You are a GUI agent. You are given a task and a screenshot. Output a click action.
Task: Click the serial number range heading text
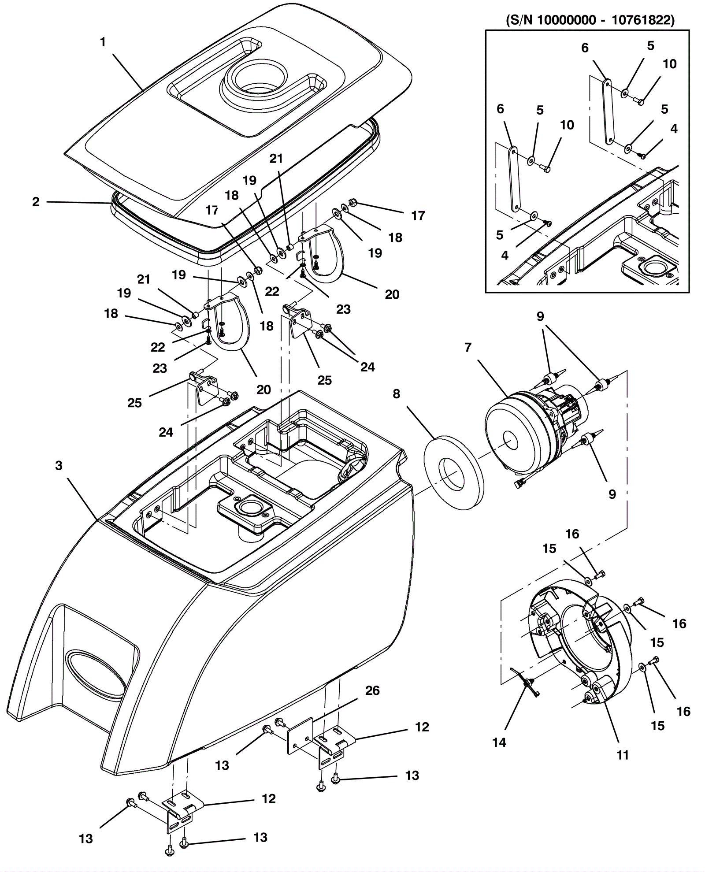[x=590, y=20]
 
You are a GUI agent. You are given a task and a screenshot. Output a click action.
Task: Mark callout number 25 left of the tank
[x=134, y=403]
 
